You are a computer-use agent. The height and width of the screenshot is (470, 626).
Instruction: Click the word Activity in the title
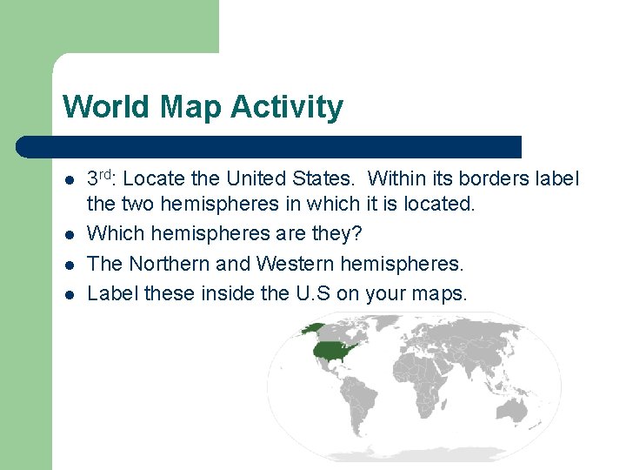(287, 108)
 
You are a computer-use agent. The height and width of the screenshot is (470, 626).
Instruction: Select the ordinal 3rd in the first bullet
(103, 178)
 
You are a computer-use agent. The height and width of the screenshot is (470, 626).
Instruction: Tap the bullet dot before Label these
(69, 294)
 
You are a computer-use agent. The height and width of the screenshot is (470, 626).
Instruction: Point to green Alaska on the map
(310, 329)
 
